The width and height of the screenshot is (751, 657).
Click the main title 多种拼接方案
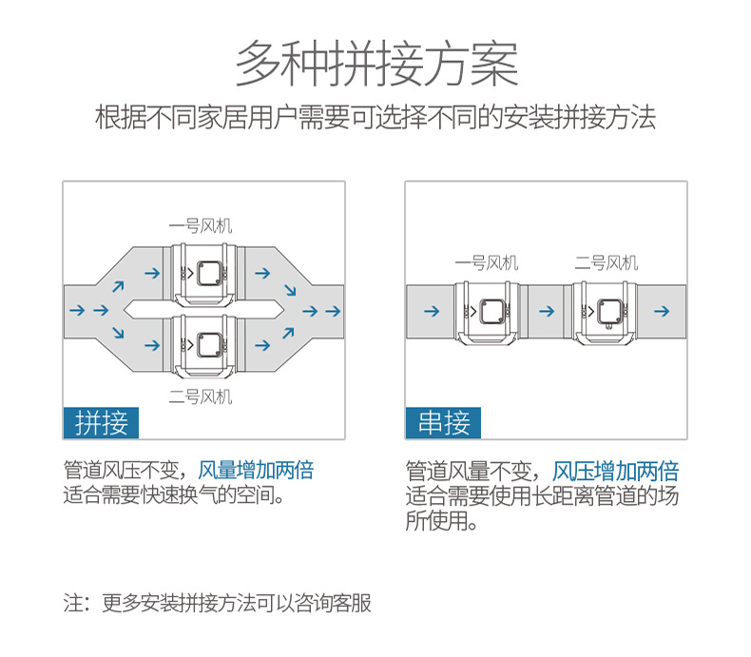(376, 65)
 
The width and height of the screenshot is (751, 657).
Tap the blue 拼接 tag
(101, 422)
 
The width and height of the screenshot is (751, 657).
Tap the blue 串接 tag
(443, 422)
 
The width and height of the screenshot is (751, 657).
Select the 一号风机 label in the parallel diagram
(200, 226)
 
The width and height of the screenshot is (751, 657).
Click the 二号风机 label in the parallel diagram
(200, 396)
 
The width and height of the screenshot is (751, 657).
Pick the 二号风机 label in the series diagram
(607, 262)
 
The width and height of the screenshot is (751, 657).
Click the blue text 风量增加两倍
(256, 470)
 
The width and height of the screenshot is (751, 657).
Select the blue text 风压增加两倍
(616, 471)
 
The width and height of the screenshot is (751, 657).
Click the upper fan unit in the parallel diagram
(208, 275)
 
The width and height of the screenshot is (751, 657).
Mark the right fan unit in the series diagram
(609, 311)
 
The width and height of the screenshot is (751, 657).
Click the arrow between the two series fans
(547, 311)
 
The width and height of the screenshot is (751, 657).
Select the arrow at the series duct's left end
(431, 311)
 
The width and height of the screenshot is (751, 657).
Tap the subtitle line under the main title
(375, 119)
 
